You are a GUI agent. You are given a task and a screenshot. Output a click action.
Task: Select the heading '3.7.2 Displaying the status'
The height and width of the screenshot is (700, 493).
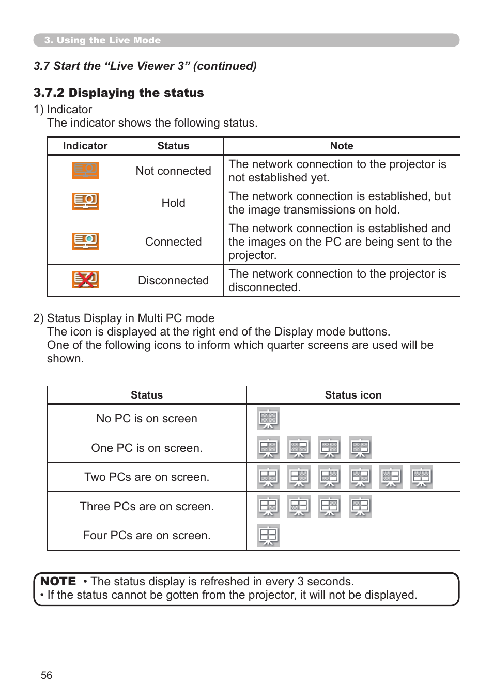click(118, 93)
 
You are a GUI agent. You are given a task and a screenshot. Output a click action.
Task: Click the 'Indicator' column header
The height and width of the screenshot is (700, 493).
click(85, 146)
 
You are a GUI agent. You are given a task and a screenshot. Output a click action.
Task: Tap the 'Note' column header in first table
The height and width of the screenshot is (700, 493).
click(342, 146)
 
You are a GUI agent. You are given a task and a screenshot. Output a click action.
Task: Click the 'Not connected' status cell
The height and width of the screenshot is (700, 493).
click(173, 171)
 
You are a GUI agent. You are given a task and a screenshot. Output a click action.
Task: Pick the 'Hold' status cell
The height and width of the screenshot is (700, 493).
click(173, 203)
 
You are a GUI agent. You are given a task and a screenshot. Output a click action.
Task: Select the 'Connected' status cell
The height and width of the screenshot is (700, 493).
click(173, 242)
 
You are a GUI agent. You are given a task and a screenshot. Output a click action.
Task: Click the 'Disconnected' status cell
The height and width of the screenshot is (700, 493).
click(173, 281)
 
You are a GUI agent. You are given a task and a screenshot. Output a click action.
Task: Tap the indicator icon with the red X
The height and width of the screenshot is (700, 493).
click(85, 280)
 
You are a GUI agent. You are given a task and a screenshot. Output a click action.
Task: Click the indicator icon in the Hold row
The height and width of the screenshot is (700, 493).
click(85, 201)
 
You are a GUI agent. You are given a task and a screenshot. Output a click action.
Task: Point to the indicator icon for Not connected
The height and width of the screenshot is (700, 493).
click(85, 170)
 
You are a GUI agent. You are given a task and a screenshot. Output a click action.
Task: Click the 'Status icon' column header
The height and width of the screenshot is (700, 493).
click(353, 395)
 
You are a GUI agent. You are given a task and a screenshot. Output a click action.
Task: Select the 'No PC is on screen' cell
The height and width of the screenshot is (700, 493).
click(147, 419)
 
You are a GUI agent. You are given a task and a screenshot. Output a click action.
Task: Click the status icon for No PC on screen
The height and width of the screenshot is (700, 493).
click(268, 419)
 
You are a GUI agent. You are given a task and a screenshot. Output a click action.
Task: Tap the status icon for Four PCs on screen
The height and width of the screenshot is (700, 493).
click(268, 536)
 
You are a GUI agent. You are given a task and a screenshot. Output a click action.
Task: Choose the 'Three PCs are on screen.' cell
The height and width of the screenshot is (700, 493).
click(147, 507)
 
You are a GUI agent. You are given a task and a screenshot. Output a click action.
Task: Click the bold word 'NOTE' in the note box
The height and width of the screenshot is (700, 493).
click(58, 582)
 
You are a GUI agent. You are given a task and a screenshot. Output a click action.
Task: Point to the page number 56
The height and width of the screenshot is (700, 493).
click(47, 676)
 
